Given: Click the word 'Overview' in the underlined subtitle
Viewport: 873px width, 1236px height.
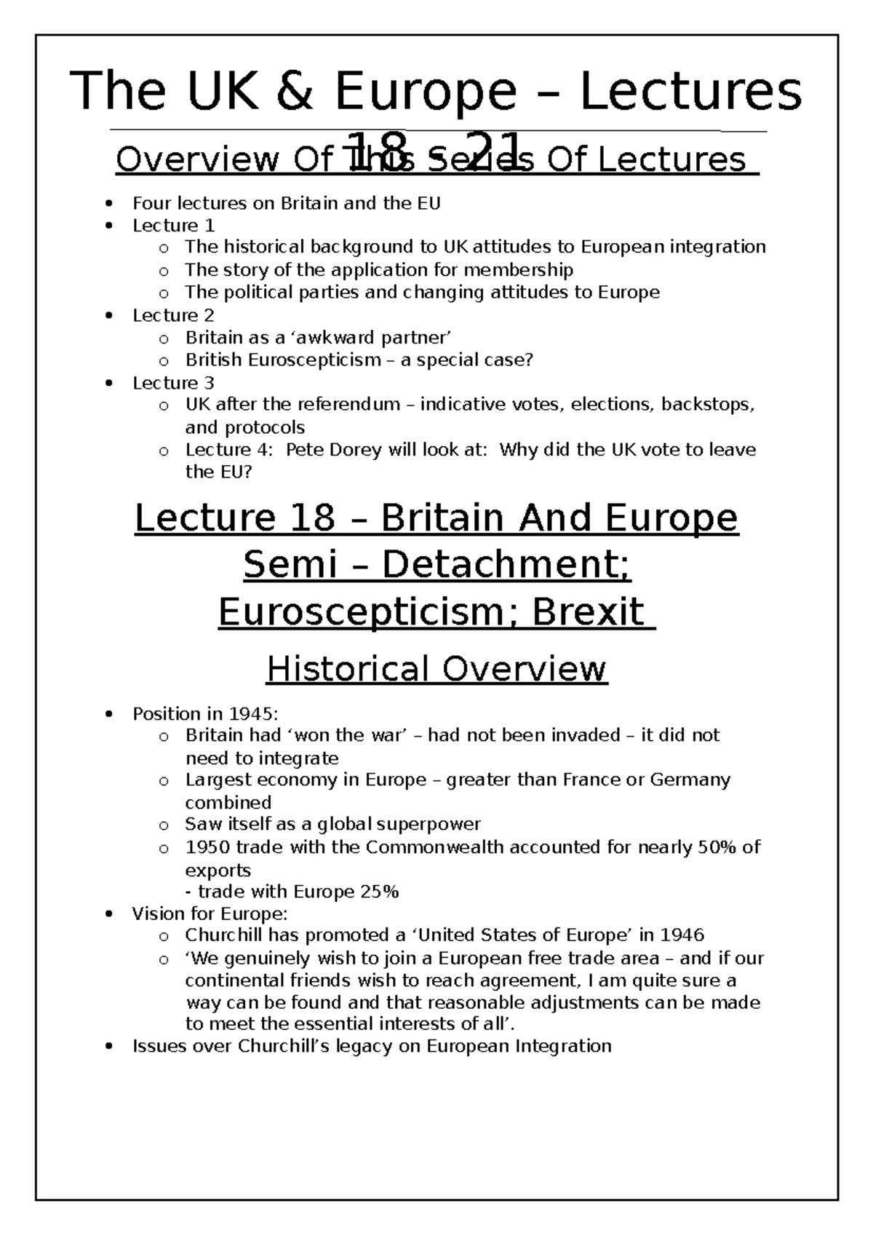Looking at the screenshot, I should [196, 160].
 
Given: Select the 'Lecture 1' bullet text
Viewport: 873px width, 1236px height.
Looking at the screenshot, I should [174, 225].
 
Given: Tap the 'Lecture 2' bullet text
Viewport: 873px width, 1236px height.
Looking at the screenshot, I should [174, 315].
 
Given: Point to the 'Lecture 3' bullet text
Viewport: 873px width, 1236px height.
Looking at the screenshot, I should [174, 383].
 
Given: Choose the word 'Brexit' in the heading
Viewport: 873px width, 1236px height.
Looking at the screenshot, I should [589, 612].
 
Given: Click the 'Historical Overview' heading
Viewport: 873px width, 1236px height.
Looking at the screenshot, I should [436, 669].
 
